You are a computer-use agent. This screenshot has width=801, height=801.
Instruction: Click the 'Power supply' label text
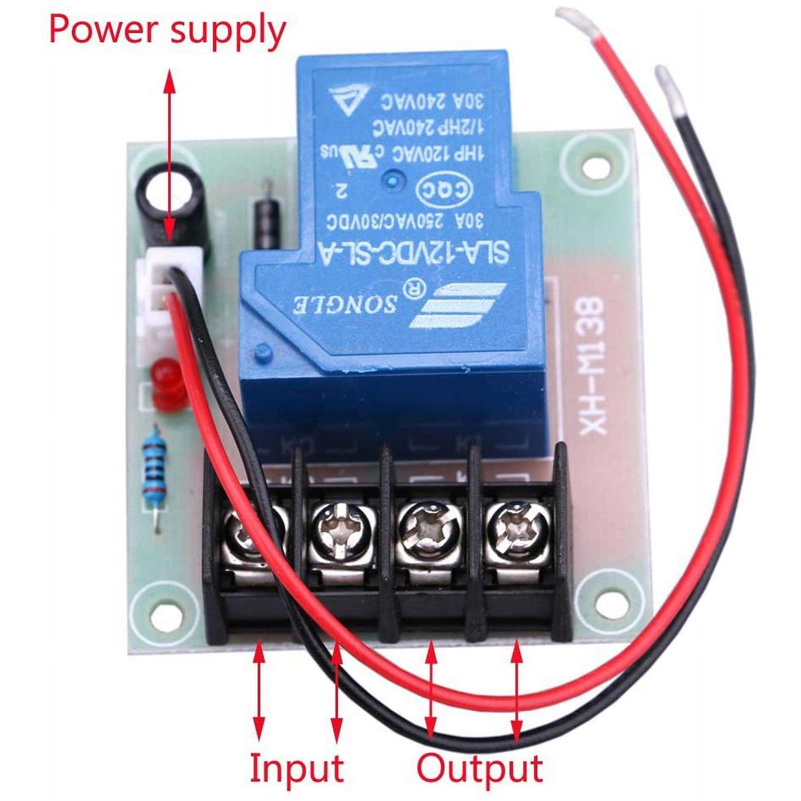(167, 30)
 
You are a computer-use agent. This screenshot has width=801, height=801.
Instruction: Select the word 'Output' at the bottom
(480, 768)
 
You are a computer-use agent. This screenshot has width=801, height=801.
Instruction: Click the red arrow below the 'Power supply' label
(170, 155)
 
